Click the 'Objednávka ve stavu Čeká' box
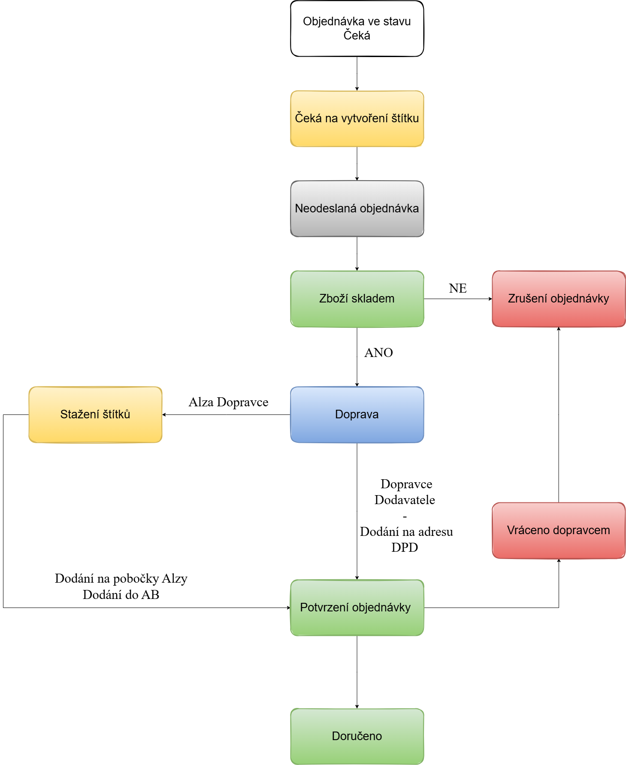click(x=357, y=28)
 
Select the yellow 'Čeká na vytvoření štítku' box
click(x=357, y=118)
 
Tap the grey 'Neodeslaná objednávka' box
click(x=357, y=209)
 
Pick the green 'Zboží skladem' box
click(x=357, y=299)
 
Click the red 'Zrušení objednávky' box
click(x=559, y=299)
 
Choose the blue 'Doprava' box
click(x=357, y=414)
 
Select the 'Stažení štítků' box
click(x=95, y=414)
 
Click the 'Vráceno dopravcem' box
click(x=559, y=530)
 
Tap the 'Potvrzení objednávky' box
click(x=357, y=608)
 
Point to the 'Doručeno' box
click(x=357, y=736)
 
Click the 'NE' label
click(x=458, y=288)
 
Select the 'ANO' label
click(x=378, y=353)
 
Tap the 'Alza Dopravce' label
click(x=228, y=402)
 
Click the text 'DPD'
click(x=405, y=547)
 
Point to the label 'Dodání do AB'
click(x=121, y=595)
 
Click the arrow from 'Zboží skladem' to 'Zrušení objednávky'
click(x=458, y=299)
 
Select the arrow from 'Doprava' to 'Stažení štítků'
click(x=227, y=414)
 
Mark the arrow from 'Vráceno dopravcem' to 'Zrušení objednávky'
click(x=559, y=414)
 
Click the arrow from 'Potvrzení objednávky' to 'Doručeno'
click(x=357, y=672)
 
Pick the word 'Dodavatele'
click(x=405, y=500)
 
